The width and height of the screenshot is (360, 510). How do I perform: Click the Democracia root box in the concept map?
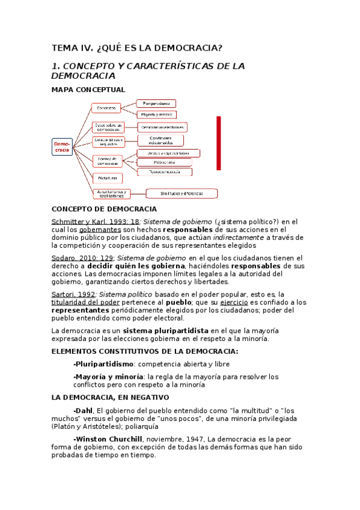click(x=62, y=147)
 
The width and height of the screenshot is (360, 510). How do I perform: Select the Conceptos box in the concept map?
click(x=106, y=108)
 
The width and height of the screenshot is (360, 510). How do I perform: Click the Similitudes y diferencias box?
click(x=182, y=194)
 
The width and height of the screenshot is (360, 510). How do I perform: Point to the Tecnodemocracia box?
click(x=165, y=171)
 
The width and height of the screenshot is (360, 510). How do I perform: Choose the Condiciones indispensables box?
click(x=159, y=141)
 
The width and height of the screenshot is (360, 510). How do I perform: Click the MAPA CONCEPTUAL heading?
click(x=88, y=90)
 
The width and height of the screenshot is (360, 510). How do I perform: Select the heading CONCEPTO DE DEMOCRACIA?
click(x=104, y=209)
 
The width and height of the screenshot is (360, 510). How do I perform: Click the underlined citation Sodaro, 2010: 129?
click(x=75, y=257)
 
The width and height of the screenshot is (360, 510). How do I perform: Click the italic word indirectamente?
click(x=238, y=237)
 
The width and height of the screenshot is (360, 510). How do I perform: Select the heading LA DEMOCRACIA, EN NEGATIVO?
click(x=110, y=398)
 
